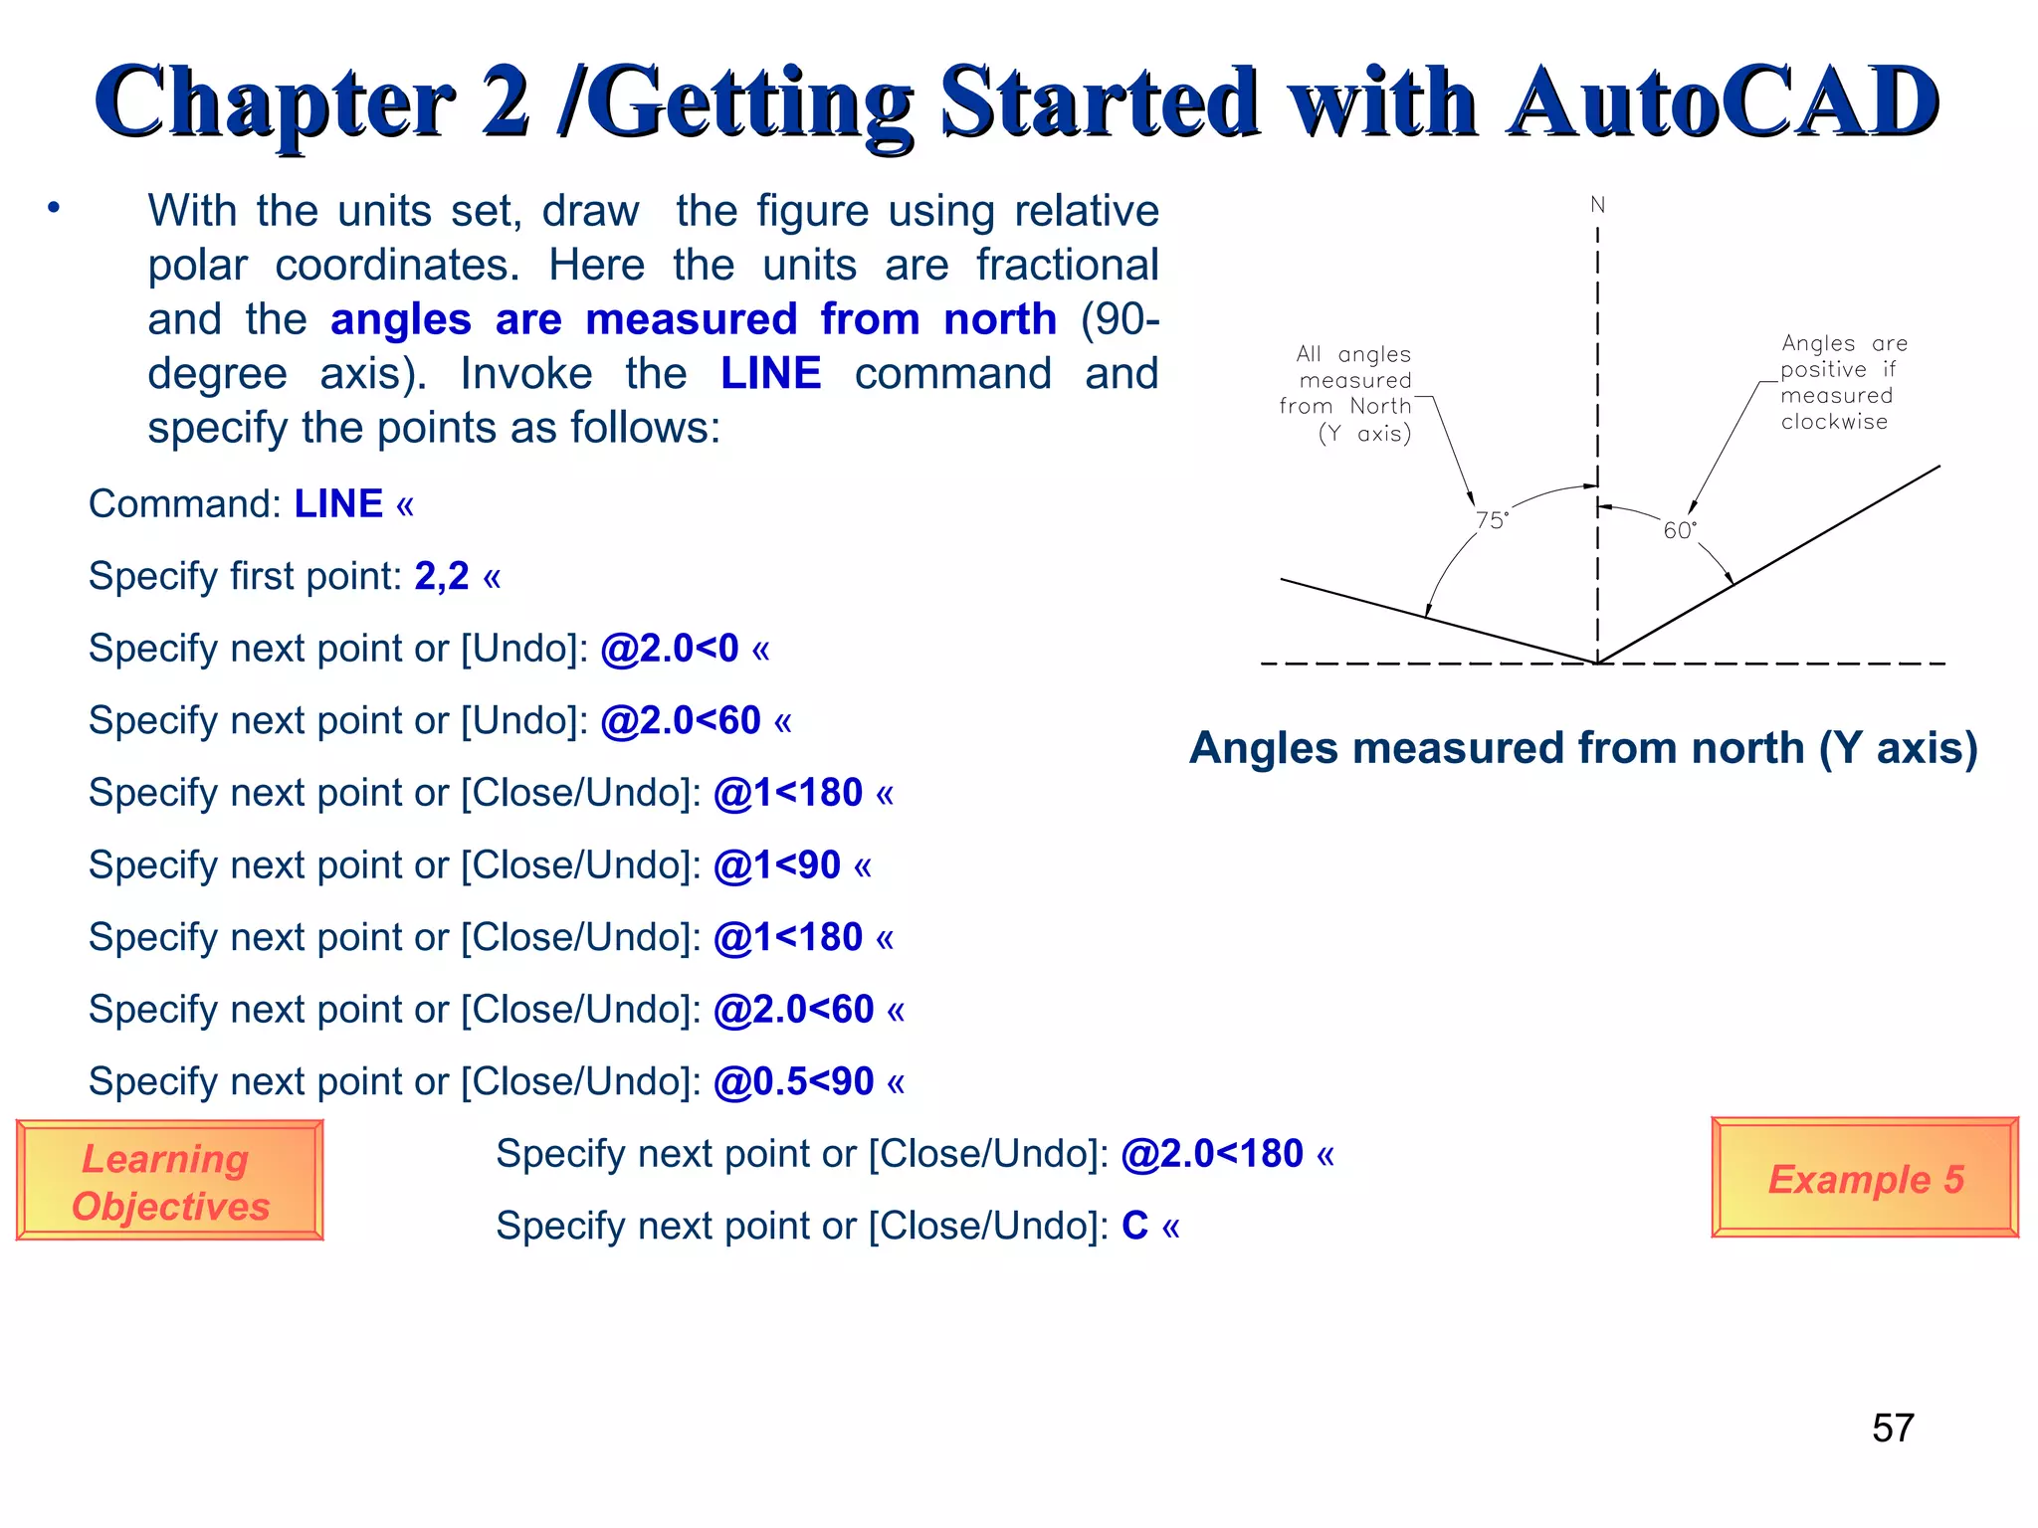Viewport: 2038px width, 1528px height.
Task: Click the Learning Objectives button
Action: pyautogui.click(x=169, y=1181)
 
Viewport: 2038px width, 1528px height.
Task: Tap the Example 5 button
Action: pyautogui.click(x=1865, y=1179)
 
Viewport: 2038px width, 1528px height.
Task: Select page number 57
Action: pyautogui.click(x=1893, y=1429)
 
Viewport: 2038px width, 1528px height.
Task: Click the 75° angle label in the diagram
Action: pyautogui.click(x=1492, y=520)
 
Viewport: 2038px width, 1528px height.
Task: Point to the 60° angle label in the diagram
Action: pyautogui.click(x=1680, y=530)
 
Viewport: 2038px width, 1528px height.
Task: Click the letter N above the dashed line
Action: pyautogui.click(x=1597, y=205)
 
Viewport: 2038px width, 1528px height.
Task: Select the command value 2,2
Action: pyautogui.click(x=442, y=576)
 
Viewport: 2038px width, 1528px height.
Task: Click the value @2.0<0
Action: pyautogui.click(x=670, y=649)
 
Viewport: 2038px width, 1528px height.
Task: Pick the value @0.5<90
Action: pyautogui.click(x=793, y=1081)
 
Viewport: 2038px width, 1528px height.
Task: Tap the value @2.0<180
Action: pyautogui.click(x=1211, y=1154)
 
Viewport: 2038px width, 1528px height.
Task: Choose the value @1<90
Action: pyautogui.click(x=777, y=865)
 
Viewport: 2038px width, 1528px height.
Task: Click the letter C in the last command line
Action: pyautogui.click(x=1134, y=1226)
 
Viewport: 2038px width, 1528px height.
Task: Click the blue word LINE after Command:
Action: pyautogui.click(x=338, y=504)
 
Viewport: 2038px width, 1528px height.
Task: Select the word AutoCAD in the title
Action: pyautogui.click(x=1722, y=102)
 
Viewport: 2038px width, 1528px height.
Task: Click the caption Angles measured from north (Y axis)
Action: pyautogui.click(x=1583, y=748)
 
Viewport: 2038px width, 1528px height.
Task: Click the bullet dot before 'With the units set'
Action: pyautogui.click(x=54, y=208)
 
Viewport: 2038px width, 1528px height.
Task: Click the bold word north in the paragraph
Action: pyautogui.click(x=999, y=320)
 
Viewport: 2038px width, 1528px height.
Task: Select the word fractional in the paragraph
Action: pyautogui.click(x=1067, y=266)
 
